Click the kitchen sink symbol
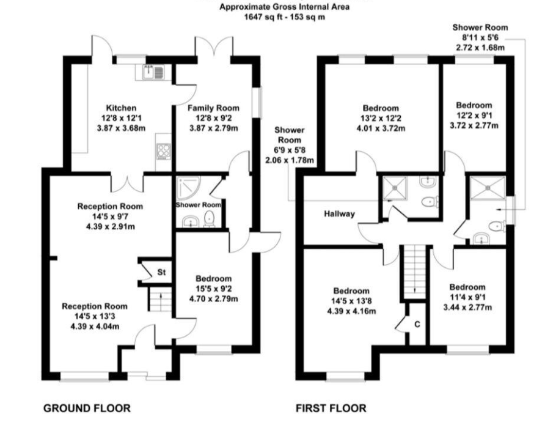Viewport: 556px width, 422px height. click(x=153, y=73)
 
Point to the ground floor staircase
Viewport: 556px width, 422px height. click(x=158, y=302)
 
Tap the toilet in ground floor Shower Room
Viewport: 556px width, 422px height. click(x=210, y=219)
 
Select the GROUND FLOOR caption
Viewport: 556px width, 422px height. click(x=87, y=407)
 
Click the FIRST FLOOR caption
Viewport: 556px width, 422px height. click(x=331, y=407)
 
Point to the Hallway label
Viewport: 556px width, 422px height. click(x=340, y=213)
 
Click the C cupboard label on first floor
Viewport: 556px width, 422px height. click(x=417, y=324)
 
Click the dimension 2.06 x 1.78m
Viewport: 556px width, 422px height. click(x=290, y=160)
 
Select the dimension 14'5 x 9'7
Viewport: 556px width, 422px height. click(x=110, y=216)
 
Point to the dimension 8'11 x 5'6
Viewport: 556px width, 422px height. click(x=480, y=37)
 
